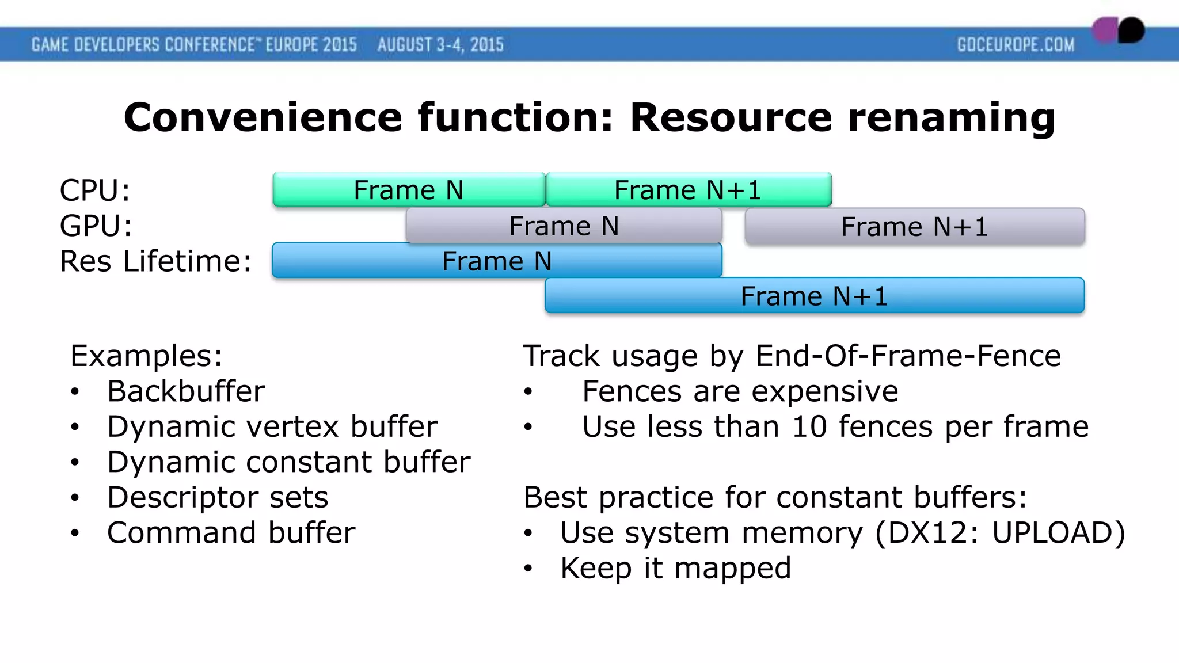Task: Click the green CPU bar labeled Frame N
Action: [x=409, y=190]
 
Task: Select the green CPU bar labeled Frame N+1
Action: [x=688, y=190]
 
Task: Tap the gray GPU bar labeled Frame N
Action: [x=564, y=226]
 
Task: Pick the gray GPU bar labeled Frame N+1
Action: [x=914, y=226]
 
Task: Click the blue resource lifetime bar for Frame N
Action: [x=496, y=261]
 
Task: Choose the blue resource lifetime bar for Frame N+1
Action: [x=814, y=296]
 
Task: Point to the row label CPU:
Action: [x=95, y=190]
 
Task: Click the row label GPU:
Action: [x=96, y=226]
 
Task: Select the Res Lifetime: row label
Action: [x=156, y=261]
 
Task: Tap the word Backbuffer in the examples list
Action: [x=186, y=391]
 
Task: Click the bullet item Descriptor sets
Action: [x=218, y=497]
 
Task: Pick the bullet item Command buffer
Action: [x=231, y=532]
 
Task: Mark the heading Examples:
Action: [x=146, y=356]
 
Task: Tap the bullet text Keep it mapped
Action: [x=675, y=568]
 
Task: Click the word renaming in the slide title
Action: [x=952, y=117]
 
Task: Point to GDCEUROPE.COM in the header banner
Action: [x=1016, y=45]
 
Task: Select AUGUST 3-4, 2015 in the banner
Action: [x=440, y=45]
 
